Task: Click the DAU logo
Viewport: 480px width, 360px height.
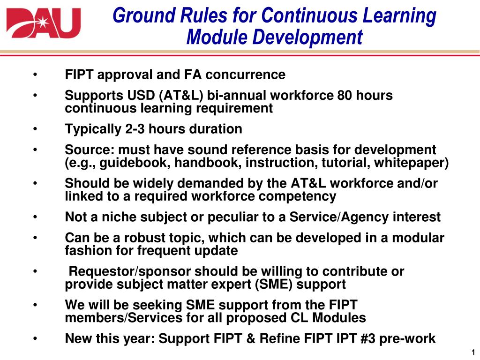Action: [x=43, y=23]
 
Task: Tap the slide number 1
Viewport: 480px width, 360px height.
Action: [x=474, y=352]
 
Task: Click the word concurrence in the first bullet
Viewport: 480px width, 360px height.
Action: [x=246, y=75]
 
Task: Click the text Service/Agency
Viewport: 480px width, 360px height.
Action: [x=339, y=217]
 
